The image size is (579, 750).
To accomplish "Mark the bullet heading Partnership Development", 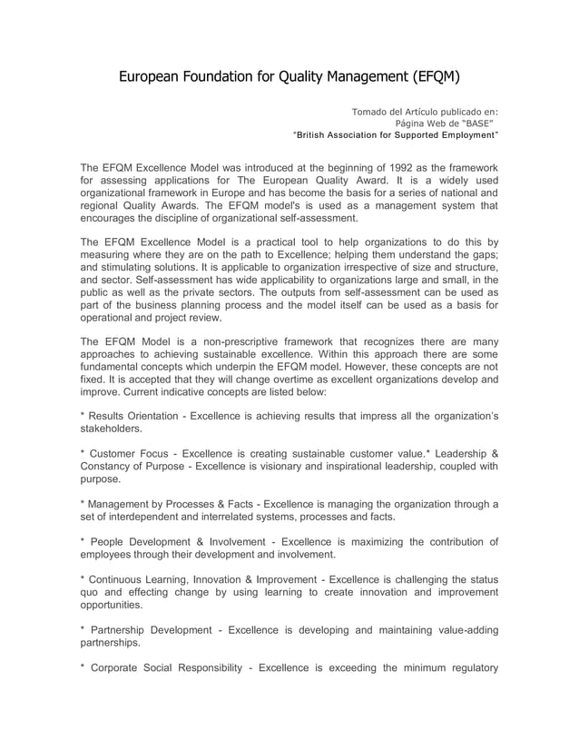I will coord(150,629).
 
